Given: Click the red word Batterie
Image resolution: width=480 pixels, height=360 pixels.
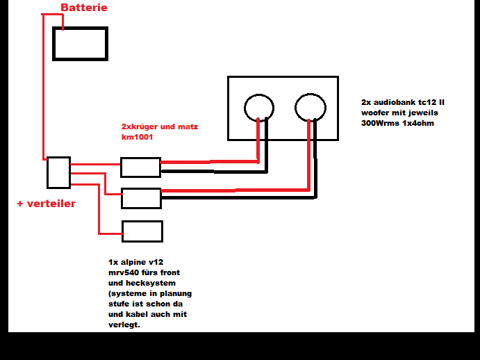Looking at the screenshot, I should coord(84,8).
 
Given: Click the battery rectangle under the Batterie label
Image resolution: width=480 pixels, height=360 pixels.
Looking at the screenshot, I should coord(81,44).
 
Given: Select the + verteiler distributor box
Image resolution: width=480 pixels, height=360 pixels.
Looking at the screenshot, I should coord(58,172).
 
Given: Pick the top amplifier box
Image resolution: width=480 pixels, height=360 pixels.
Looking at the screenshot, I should coord(140,167).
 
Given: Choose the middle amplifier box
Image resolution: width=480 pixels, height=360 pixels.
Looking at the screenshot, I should coord(141,198).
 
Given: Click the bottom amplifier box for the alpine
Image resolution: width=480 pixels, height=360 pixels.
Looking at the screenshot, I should coord(142,231).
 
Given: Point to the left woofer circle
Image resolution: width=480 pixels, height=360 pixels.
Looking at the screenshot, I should coord(258,107).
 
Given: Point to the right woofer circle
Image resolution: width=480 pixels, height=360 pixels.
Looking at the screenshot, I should coord(310,107).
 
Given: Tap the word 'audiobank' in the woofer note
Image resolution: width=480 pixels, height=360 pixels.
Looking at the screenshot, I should coord(396,101).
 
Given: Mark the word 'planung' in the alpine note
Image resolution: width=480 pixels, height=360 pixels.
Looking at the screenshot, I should coord(175,293).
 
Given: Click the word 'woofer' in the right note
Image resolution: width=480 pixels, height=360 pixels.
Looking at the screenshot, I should coord(376,112).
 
